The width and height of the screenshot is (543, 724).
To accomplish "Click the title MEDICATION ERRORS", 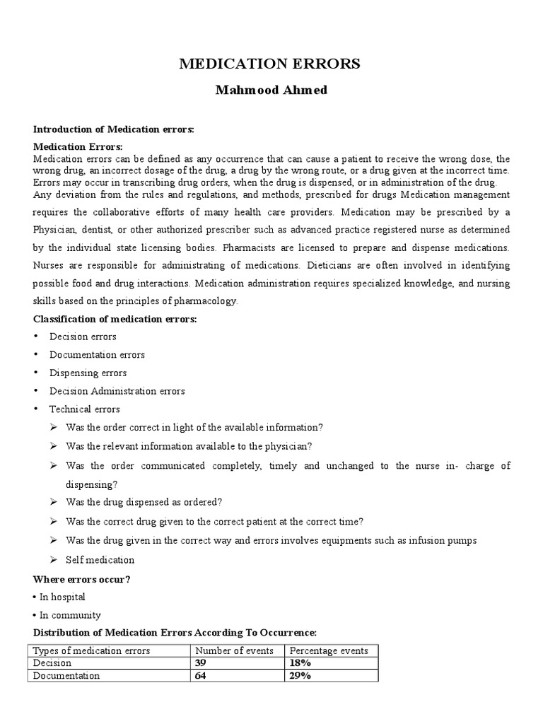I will (270, 64).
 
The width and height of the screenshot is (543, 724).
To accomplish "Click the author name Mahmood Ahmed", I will (271, 91).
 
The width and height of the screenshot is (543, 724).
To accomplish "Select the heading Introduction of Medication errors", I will (114, 129).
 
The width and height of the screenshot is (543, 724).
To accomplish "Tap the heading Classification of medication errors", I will (116, 319).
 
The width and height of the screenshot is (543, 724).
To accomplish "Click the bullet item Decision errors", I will (83, 337).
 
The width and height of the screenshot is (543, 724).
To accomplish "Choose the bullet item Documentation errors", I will (97, 355).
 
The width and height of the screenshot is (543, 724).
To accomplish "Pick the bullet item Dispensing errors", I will (88, 373).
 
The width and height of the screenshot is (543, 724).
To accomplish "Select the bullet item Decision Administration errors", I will (117, 391).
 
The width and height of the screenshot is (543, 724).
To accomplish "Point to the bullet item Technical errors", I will (84, 409).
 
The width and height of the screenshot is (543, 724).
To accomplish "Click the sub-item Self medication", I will (100, 560).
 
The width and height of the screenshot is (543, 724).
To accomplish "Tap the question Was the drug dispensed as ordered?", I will (144, 502).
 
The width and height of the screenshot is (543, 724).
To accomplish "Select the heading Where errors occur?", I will (82, 579).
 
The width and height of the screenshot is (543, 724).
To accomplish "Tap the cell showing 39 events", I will (201, 663).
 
